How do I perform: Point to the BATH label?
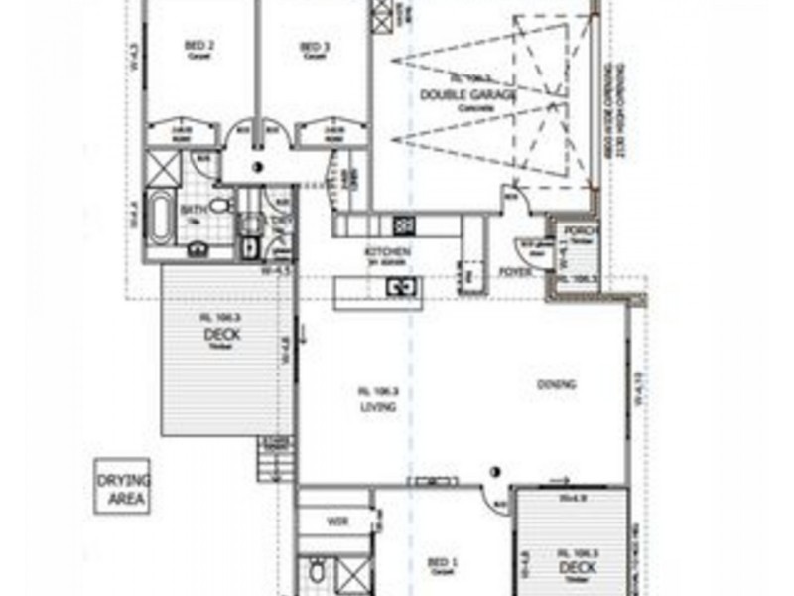pyautogui.click(x=192, y=210)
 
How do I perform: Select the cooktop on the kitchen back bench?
pyautogui.click(x=405, y=222)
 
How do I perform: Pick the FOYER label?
pyautogui.click(x=512, y=270)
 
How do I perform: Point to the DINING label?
pyautogui.click(x=557, y=384)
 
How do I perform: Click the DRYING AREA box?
pyautogui.click(x=121, y=486)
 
